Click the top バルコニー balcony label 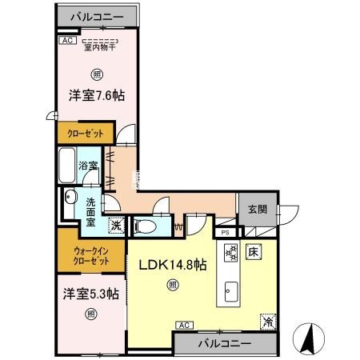95,16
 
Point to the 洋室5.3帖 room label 91,294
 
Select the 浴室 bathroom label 88,166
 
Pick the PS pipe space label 226,233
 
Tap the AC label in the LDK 183,325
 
